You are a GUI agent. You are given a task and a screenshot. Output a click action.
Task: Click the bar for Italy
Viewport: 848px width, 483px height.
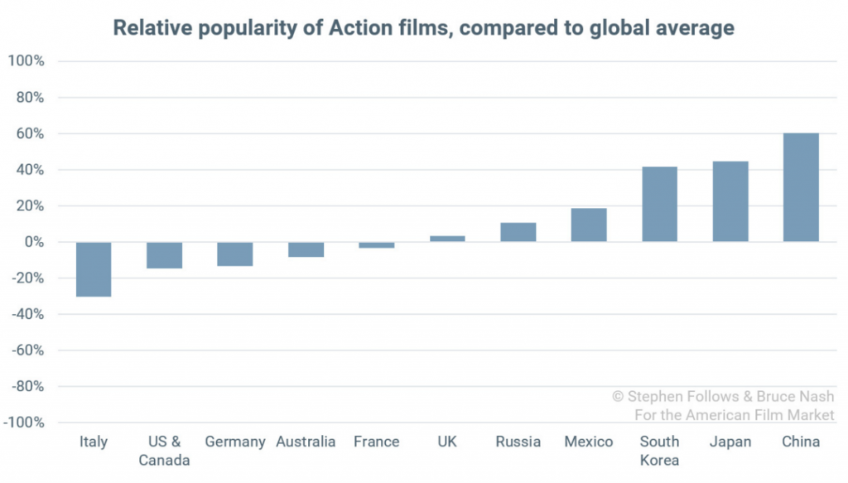pos(94,269)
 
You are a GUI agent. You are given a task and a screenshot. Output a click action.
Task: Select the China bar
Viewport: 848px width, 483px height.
pos(801,187)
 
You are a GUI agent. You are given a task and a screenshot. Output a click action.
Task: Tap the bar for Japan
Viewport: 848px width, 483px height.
pos(730,201)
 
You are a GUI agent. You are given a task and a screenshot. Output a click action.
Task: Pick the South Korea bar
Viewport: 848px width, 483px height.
pos(659,204)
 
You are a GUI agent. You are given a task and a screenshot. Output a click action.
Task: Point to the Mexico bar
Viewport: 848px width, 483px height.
pos(589,225)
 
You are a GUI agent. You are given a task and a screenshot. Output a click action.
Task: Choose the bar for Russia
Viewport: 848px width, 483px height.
pos(518,232)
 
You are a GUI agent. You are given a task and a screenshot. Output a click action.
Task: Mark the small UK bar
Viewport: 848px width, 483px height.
pos(447,239)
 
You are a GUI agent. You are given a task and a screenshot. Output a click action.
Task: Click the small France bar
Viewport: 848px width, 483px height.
pos(377,245)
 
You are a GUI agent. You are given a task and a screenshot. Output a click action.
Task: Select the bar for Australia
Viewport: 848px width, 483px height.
pos(306,249)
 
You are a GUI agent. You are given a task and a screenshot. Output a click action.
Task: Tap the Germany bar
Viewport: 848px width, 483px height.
pos(235,254)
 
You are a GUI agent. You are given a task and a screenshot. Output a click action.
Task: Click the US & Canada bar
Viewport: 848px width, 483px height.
pos(164,255)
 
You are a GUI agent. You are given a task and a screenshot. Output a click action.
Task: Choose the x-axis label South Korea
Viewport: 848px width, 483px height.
pos(659,451)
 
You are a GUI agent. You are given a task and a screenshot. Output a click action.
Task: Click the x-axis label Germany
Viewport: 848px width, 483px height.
pos(235,442)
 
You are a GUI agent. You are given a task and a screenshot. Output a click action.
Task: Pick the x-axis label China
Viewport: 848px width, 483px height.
pos(801,442)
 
